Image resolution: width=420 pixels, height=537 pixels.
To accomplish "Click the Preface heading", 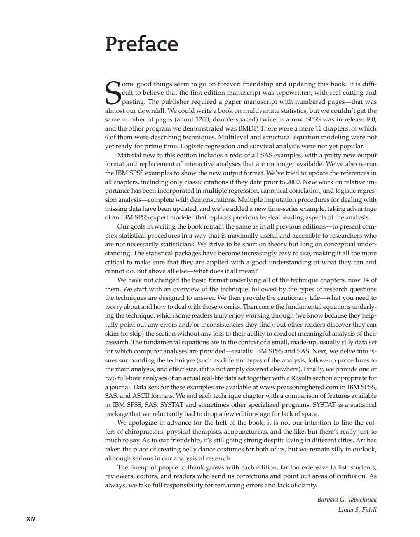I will click(141, 44).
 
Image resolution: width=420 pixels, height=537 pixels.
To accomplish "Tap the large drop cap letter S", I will click(113, 93).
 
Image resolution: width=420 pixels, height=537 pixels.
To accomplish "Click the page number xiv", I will click(31, 518).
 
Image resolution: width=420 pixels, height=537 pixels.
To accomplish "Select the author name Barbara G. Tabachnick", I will click(347, 500).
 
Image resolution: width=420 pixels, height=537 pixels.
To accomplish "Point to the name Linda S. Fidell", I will click(357, 510).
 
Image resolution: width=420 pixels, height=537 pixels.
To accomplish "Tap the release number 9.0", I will click(370, 119).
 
